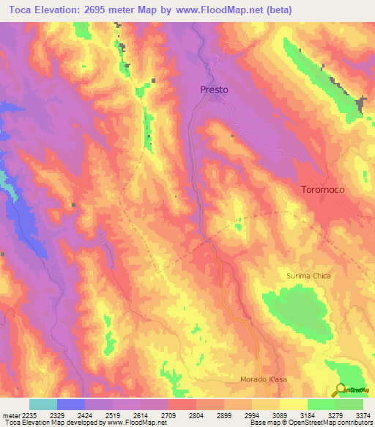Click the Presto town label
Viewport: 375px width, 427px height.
pos(215,90)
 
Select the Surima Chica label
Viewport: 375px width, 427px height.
pos(308,276)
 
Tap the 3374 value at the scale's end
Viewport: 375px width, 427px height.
pos(362,415)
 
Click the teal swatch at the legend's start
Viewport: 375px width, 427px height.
pos(43,404)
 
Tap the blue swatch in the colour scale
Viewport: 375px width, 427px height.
pos(71,404)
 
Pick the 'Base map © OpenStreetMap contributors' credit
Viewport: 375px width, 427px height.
pos(311,423)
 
